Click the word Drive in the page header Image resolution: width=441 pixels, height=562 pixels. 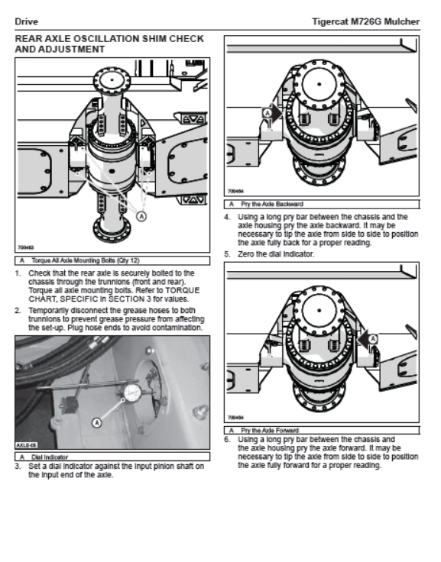(26, 22)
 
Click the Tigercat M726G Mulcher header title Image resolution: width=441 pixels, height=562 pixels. (365, 22)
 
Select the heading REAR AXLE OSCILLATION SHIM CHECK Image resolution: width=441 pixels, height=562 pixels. (109, 39)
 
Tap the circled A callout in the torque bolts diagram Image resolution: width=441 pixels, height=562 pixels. (142, 216)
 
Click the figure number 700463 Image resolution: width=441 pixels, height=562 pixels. (25, 247)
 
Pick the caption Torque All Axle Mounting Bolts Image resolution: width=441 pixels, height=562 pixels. (86, 260)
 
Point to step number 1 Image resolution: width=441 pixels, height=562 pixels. (18, 273)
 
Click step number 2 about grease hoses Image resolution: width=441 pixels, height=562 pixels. (18, 310)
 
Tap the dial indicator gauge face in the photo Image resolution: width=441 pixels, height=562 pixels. (131, 392)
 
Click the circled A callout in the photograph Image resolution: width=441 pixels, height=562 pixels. (96, 423)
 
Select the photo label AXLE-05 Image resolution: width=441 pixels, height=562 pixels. (26, 445)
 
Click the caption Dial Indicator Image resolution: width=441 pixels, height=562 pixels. (50, 457)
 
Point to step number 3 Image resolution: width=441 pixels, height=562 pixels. (18, 467)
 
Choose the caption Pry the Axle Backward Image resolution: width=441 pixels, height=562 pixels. (272, 205)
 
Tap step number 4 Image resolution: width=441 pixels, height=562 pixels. (227, 217)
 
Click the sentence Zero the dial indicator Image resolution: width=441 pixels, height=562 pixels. (276, 254)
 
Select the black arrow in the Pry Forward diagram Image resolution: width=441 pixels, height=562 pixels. (364, 339)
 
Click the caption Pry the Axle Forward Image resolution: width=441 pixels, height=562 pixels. (270, 431)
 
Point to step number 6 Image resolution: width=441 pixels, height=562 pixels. (227, 439)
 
